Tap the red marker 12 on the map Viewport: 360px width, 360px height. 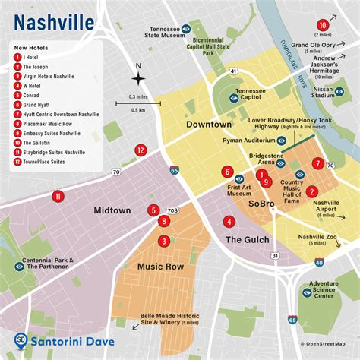click(141, 150)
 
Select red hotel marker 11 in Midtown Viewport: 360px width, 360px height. click(58, 197)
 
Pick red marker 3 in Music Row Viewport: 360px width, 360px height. click(163, 242)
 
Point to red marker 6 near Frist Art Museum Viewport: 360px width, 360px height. click(227, 171)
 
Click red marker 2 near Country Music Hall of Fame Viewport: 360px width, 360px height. click(311, 191)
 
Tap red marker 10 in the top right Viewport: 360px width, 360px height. click(323, 24)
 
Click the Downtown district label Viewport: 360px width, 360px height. click(208, 124)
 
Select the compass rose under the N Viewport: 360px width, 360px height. click(137, 79)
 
